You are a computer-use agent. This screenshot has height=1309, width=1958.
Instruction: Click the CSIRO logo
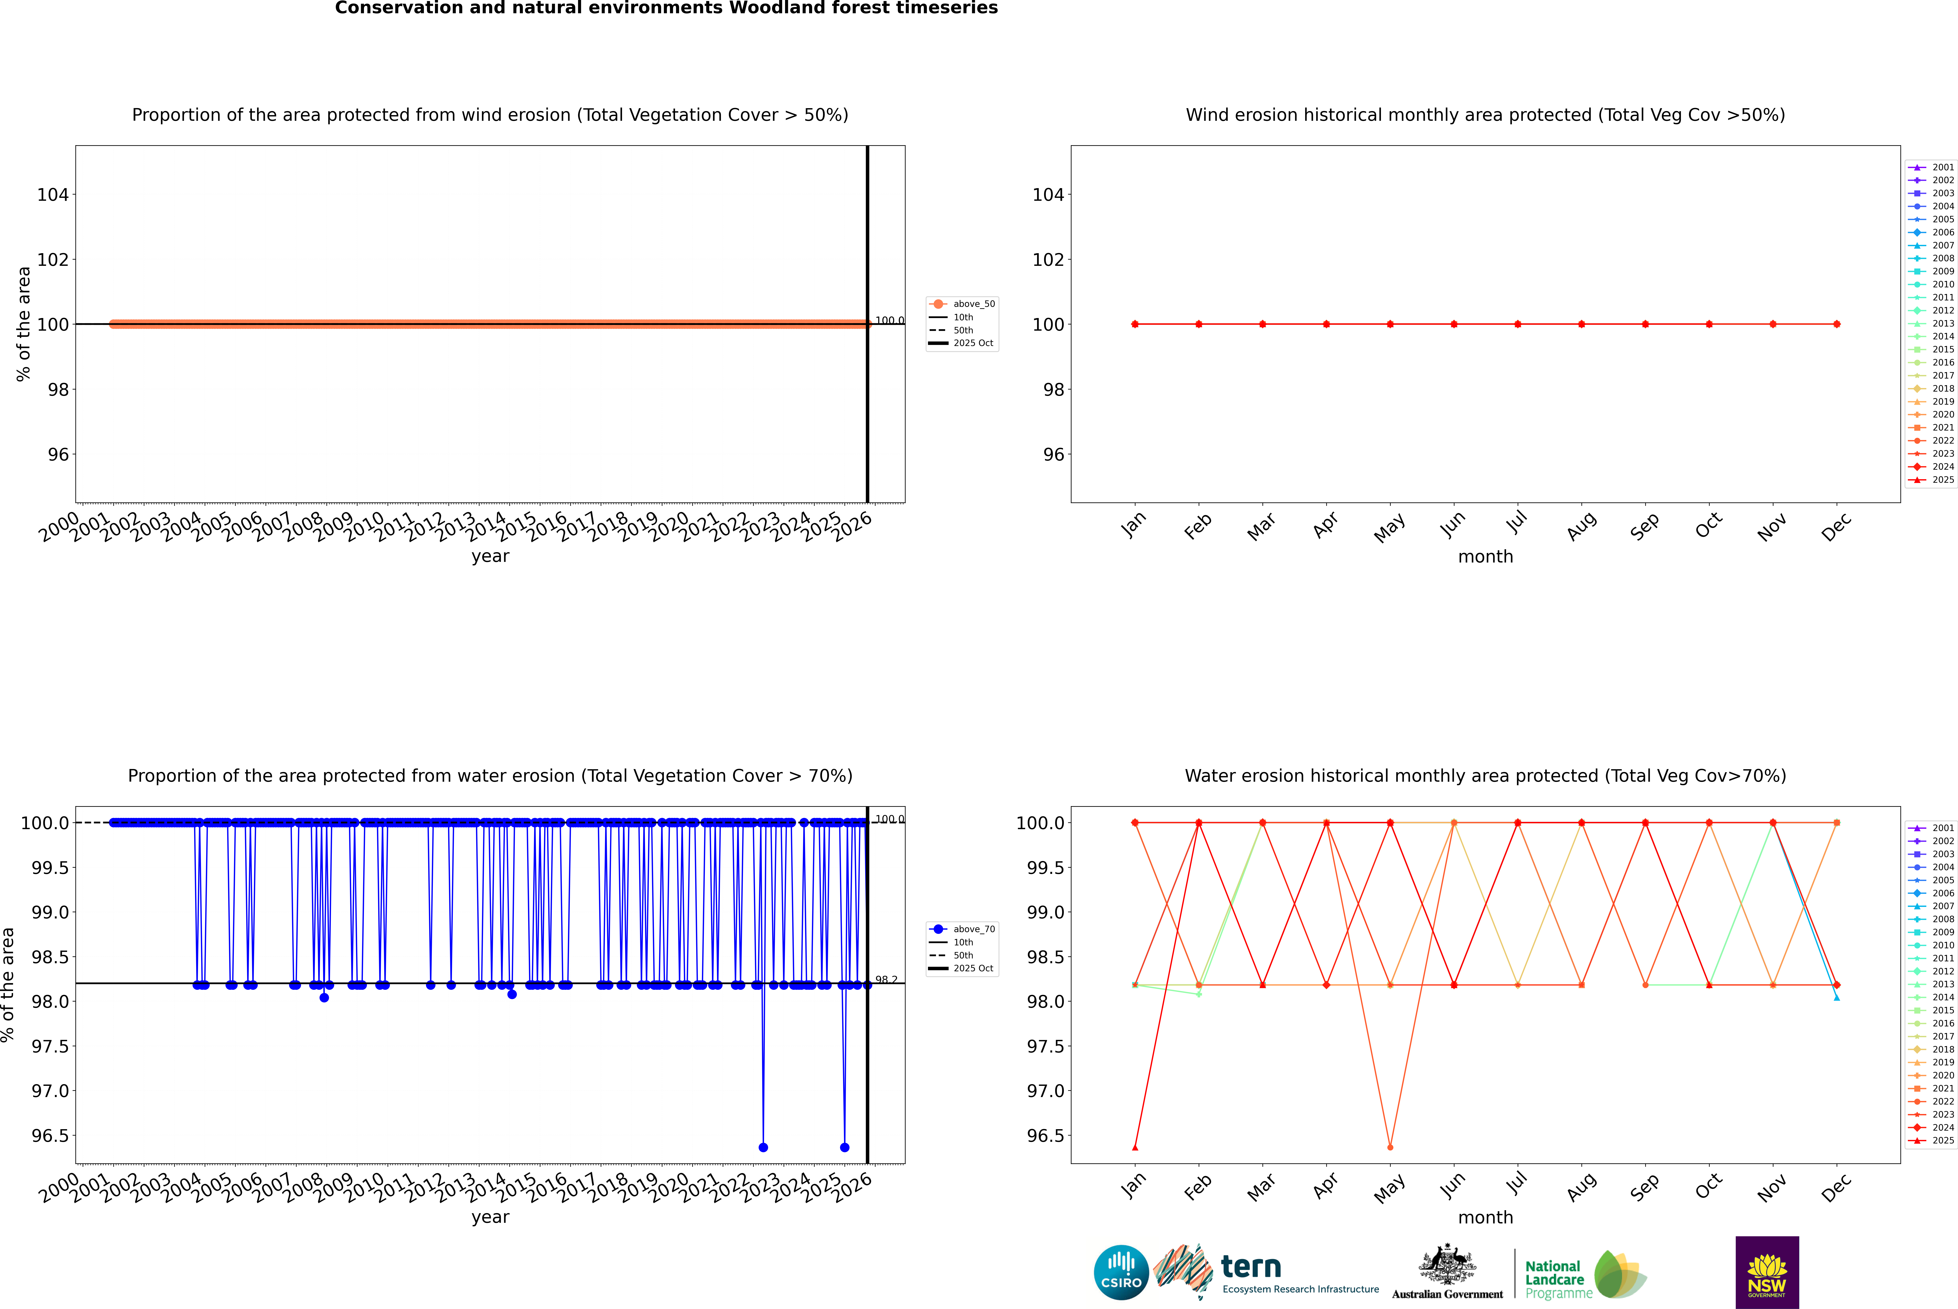click(x=1121, y=1272)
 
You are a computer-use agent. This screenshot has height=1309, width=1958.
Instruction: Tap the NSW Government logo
click(x=1767, y=1272)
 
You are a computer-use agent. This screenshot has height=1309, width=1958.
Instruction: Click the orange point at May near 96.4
click(x=1390, y=1147)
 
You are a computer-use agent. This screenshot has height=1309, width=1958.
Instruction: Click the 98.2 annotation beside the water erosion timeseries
click(x=886, y=980)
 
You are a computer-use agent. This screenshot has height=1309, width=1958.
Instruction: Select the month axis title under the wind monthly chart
click(x=1485, y=557)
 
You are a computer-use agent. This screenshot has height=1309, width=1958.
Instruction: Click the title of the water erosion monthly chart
click(x=1485, y=775)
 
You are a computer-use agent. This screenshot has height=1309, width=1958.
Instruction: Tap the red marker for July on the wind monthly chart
click(x=1517, y=324)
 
